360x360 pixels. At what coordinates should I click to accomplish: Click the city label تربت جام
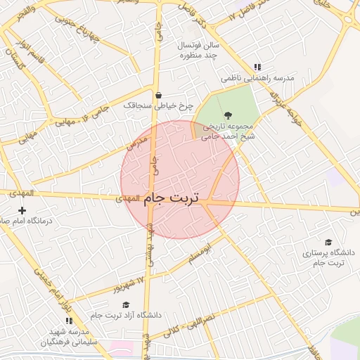point(172,200)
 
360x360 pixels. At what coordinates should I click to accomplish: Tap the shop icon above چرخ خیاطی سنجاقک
point(158,95)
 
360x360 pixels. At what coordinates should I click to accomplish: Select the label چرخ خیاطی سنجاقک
point(158,105)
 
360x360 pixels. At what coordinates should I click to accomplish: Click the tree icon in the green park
point(226,115)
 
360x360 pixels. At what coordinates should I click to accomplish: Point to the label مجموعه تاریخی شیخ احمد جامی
point(226,132)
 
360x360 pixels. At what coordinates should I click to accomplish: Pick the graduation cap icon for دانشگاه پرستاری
point(328,241)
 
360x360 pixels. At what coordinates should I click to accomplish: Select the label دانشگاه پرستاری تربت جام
point(329,257)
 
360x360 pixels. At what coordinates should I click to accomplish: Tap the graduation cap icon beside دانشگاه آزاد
point(126,304)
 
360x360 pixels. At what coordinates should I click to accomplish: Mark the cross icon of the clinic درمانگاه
point(22,210)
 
